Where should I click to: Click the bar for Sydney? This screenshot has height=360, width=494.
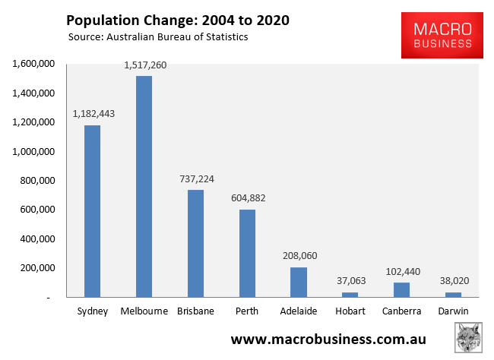click(92, 210)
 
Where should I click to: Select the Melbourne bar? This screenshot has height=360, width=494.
click(144, 186)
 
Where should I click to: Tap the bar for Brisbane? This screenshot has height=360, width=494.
click(195, 243)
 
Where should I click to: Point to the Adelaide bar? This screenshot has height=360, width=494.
click(299, 282)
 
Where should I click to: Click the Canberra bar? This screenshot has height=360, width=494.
click(402, 289)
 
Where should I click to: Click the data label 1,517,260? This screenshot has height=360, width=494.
click(144, 65)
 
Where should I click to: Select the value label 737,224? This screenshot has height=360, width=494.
click(196, 178)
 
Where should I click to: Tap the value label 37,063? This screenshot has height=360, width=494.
click(350, 280)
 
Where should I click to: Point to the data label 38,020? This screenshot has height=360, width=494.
click(454, 280)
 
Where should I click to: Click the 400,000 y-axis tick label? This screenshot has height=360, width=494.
click(35, 238)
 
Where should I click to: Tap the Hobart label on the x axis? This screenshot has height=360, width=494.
click(350, 311)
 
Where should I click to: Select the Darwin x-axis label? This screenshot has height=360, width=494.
click(454, 311)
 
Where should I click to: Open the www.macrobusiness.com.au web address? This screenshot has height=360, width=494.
click(328, 339)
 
